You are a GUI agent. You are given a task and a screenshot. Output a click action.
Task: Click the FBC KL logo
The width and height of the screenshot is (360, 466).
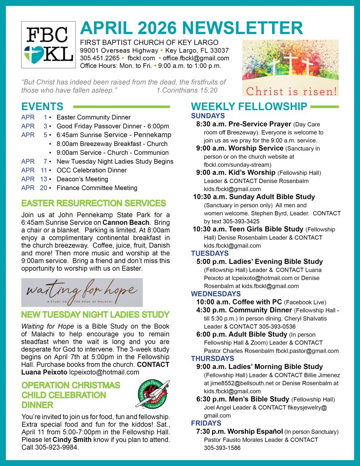pos(48,45)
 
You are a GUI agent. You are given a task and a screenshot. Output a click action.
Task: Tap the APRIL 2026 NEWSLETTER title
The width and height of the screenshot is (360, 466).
pos(191,28)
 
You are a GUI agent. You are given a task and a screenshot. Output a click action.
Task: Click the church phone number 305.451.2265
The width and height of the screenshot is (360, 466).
pos(100,58)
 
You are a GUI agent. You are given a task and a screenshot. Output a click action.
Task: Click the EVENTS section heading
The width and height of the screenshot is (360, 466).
pos(43,107)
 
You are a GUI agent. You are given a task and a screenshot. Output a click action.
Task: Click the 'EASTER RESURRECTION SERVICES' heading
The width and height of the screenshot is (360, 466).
pos(93,203)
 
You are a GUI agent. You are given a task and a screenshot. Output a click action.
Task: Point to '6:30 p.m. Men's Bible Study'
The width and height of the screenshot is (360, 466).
pos(243,399)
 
